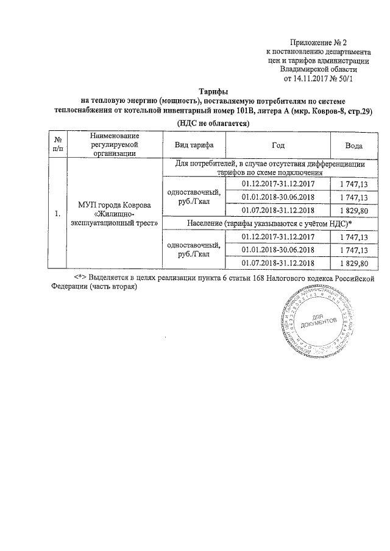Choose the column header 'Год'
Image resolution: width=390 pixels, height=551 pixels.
277,146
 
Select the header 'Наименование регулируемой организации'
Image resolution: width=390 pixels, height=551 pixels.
115,145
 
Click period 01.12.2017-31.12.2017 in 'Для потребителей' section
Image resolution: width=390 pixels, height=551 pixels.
278,183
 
